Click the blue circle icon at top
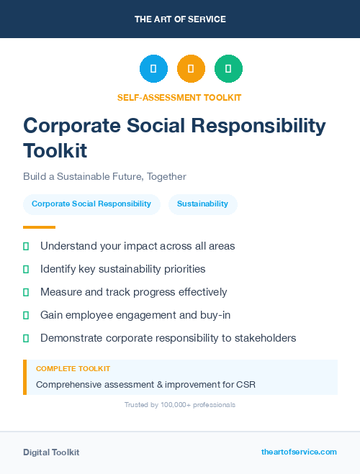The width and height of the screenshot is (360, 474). coord(153,68)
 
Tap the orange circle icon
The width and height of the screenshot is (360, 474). coord(191,68)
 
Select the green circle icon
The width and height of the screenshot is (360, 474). coord(228,68)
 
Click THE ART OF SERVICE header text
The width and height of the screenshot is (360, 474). coord(180,19)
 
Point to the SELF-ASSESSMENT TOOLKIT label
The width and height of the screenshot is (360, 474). coord(179,97)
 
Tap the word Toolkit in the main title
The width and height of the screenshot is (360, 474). coord(55,151)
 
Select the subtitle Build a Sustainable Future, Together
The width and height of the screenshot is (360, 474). coord(104,176)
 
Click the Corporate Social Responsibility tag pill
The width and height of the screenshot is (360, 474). coord(91,204)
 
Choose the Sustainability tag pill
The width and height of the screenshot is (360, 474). coord(202,204)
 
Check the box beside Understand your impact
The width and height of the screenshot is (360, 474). coord(26,246)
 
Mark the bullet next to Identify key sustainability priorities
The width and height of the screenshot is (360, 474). coord(26,269)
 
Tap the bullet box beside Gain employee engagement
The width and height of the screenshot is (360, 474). coord(26,315)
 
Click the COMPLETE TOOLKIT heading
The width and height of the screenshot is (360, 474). coord(73,369)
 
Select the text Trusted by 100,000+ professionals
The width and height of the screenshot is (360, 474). coord(179,405)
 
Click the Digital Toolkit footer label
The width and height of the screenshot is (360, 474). coord(51,452)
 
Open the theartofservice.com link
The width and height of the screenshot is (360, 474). coord(299,452)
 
